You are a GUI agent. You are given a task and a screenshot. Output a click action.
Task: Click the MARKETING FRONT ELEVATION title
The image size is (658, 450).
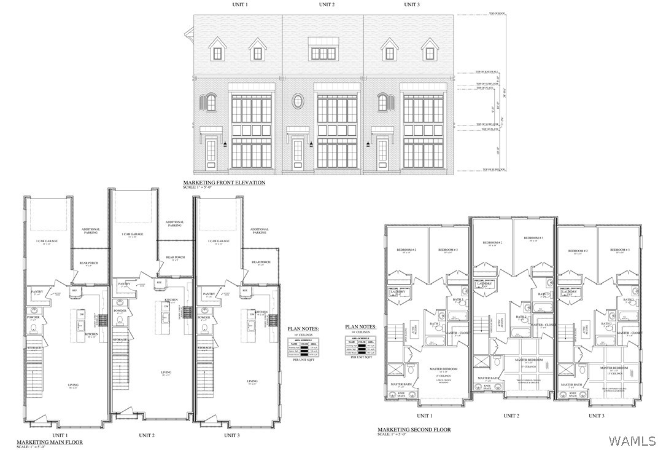[x=224, y=183]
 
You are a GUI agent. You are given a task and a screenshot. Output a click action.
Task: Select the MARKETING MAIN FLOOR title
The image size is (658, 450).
[x=49, y=442]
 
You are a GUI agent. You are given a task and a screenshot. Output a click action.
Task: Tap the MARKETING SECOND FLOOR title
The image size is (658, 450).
[x=414, y=429]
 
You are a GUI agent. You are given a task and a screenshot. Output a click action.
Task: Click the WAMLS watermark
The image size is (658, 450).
[x=632, y=440]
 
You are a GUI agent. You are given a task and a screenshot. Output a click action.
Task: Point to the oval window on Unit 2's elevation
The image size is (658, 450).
[x=298, y=101]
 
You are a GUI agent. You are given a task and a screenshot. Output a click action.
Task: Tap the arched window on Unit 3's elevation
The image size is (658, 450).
[x=382, y=102]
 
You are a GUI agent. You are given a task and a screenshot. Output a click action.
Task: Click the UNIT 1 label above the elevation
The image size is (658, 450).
[x=239, y=5]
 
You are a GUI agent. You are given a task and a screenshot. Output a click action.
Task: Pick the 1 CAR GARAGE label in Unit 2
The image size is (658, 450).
[x=133, y=234]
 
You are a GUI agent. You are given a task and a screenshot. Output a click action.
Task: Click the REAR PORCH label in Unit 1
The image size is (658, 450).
[x=89, y=263]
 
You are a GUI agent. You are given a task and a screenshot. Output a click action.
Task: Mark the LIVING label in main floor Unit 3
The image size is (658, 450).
[x=252, y=381]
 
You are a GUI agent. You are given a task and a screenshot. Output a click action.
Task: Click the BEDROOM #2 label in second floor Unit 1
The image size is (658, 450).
[x=406, y=250]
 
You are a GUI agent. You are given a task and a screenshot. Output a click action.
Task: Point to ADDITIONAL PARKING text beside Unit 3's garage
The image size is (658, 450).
[x=259, y=231]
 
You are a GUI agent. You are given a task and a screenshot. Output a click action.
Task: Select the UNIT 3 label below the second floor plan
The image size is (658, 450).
[x=595, y=416]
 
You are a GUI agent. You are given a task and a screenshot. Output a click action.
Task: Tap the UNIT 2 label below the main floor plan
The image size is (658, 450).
[x=146, y=435]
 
